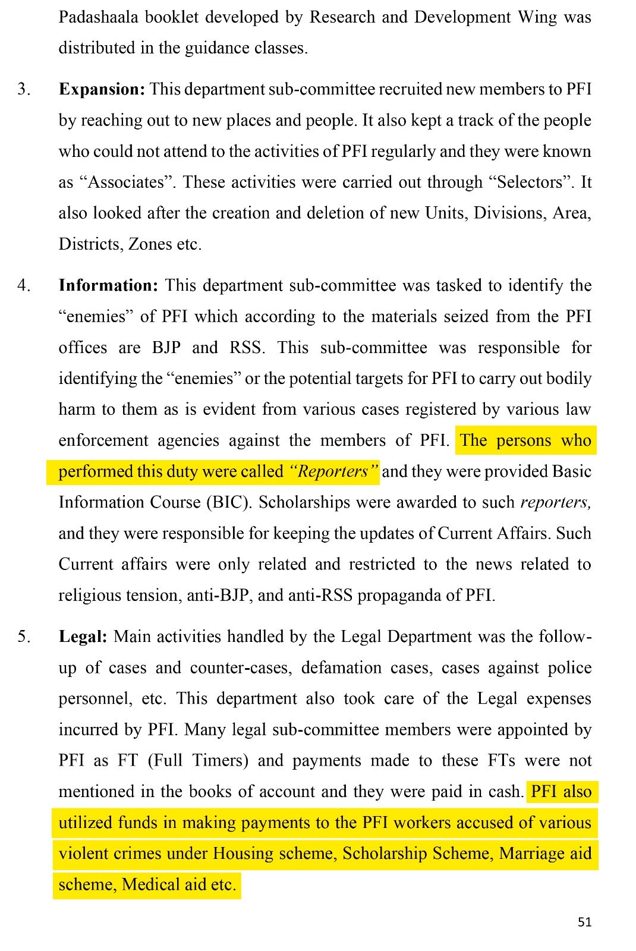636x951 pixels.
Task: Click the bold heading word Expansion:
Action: coord(102,90)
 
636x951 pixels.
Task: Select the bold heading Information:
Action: coord(109,285)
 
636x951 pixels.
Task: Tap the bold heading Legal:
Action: coord(83,637)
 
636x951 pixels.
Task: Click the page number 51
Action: coord(584,922)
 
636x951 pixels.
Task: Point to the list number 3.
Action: coord(23,90)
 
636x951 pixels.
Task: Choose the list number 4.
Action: coord(23,285)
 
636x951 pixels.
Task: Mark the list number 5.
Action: coord(23,637)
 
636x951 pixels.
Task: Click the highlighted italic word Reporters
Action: coord(333,472)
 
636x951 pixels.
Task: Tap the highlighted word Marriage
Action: coord(528,854)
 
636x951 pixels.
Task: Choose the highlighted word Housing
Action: coord(240,854)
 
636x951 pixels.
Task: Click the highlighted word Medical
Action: coord(150,885)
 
